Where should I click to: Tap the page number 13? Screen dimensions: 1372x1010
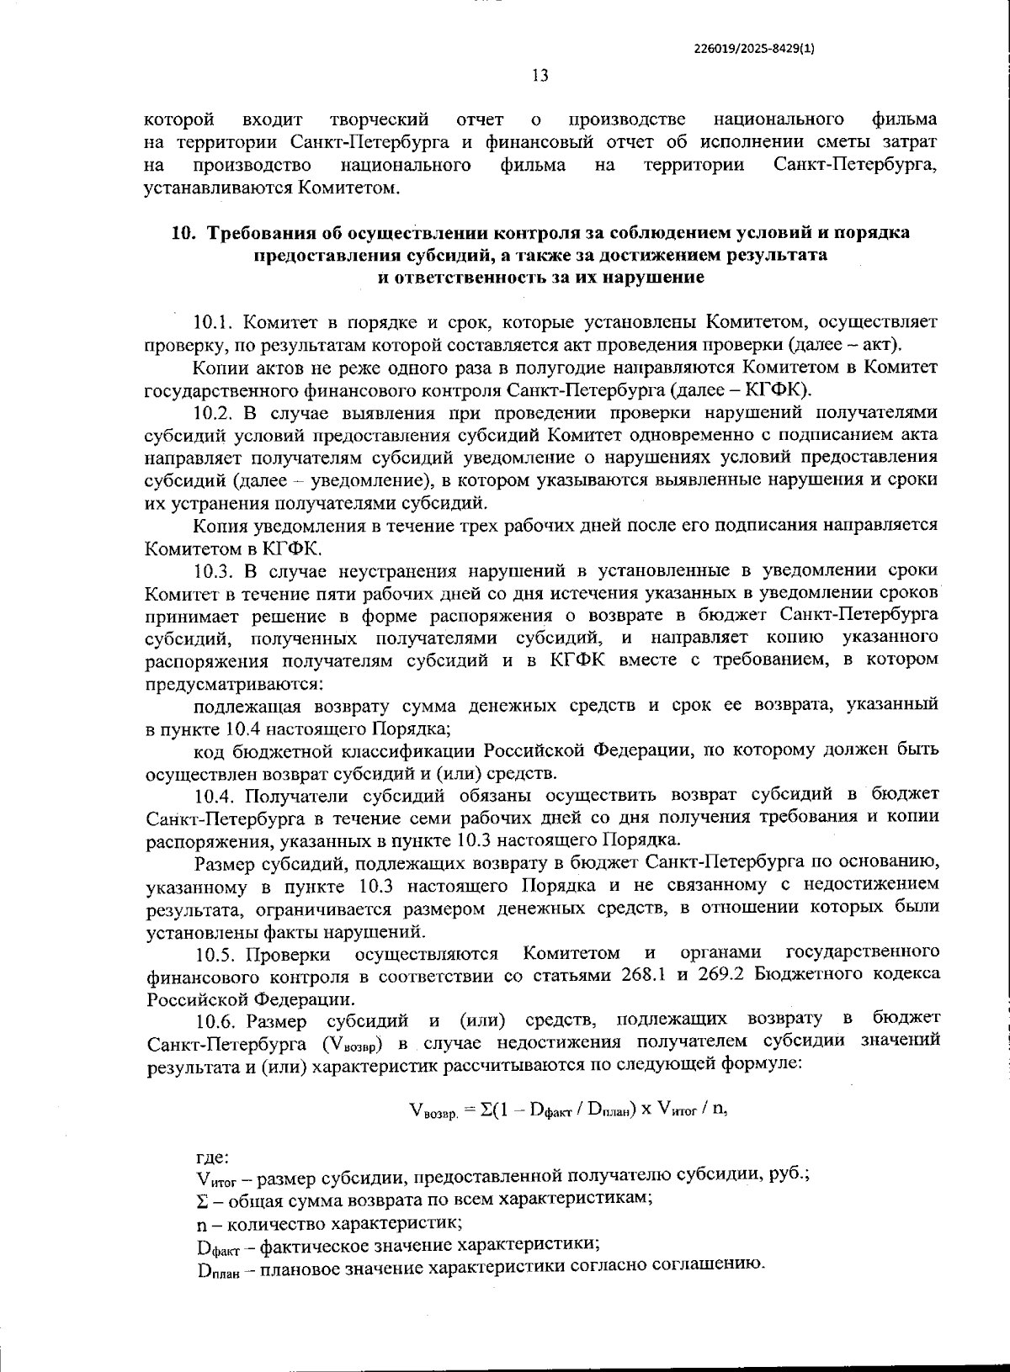pos(540,76)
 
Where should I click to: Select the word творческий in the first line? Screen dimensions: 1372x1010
pos(380,119)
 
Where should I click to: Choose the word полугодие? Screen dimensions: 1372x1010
pos(525,368)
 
